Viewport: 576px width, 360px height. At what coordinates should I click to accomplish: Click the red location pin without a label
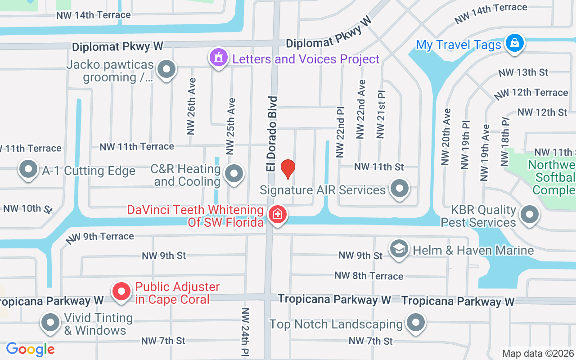click(288, 169)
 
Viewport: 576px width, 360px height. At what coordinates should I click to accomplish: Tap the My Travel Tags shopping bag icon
click(514, 44)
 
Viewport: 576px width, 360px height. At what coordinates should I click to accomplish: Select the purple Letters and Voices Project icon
click(219, 58)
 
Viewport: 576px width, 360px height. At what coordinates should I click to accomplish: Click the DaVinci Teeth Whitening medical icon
click(277, 214)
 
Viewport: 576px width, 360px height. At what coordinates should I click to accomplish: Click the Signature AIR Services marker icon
click(399, 189)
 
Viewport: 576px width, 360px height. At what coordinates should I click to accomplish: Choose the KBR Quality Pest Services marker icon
click(530, 215)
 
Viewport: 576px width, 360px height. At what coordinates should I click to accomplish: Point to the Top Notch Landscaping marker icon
click(415, 323)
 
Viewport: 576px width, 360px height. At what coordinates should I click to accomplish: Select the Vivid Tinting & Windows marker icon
click(50, 323)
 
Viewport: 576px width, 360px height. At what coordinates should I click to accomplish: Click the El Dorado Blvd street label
click(271, 133)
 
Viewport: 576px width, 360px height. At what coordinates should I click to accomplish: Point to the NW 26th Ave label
click(192, 107)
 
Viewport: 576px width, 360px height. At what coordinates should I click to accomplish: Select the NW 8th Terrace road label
click(369, 275)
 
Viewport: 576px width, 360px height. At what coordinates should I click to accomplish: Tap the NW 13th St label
click(523, 72)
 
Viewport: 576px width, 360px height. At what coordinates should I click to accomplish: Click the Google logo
click(30, 349)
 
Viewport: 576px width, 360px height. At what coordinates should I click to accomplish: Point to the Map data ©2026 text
click(538, 354)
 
